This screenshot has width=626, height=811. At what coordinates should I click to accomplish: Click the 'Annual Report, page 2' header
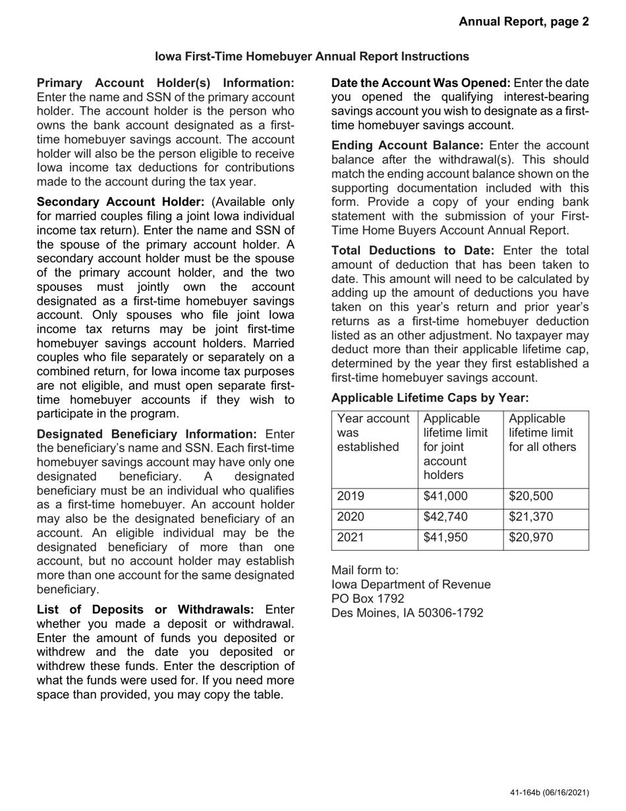click(x=524, y=22)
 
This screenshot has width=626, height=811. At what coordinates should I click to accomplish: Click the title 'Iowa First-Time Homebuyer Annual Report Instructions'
click(x=312, y=57)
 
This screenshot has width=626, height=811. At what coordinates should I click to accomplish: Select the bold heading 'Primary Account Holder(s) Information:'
click(x=165, y=83)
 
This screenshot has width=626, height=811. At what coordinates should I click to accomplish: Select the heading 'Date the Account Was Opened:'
click(x=420, y=83)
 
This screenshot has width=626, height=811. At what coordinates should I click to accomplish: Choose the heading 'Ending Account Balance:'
click(x=407, y=145)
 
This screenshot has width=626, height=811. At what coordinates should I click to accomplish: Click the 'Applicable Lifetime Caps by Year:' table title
click(x=430, y=398)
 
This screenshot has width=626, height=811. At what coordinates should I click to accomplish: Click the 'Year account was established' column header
click(x=373, y=433)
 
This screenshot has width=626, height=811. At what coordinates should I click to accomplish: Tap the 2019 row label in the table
click(x=351, y=497)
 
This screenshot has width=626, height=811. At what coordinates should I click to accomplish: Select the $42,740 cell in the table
click(x=445, y=517)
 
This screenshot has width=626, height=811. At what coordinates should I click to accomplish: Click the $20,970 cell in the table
click(x=530, y=537)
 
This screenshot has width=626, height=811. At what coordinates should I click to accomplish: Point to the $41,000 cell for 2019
click(x=445, y=497)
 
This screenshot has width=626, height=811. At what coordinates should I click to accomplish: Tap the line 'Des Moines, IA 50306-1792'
click(x=407, y=613)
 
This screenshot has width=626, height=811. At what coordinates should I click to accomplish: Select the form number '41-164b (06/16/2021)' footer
click(x=549, y=793)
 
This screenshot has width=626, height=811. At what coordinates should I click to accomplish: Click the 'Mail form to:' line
click(x=364, y=570)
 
